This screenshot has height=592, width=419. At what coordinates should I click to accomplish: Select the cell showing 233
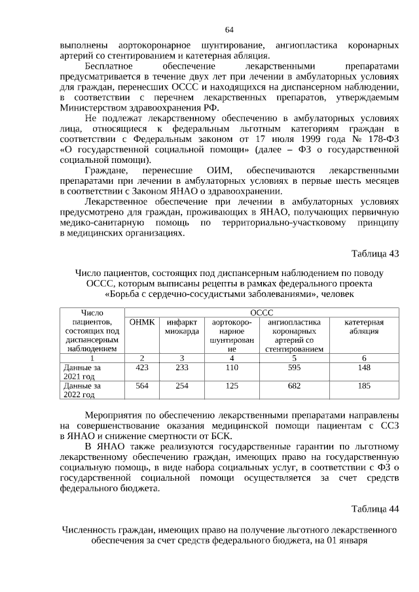click(182, 368)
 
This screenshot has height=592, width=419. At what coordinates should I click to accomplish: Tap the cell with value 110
click(232, 368)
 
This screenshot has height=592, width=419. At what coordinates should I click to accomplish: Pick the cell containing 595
click(294, 368)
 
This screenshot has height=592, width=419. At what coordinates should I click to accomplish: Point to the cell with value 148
click(364, 368)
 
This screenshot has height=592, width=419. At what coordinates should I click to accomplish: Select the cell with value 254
click(182, 386)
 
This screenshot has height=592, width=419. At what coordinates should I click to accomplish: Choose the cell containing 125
click(232, 386)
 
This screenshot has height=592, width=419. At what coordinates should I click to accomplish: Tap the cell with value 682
click(294, 386)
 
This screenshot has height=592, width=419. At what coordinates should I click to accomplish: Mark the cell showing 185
click(364, 386)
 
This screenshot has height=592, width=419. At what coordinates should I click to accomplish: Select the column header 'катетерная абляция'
click(364, 326)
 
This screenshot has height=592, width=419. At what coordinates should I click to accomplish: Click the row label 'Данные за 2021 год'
click(82, 372)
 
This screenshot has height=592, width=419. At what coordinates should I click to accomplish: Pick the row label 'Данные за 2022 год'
click(82, 390)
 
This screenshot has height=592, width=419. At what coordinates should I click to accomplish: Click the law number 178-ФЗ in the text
click(380, 139)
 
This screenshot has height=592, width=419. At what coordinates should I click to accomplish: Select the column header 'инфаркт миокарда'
click(182, 326)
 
